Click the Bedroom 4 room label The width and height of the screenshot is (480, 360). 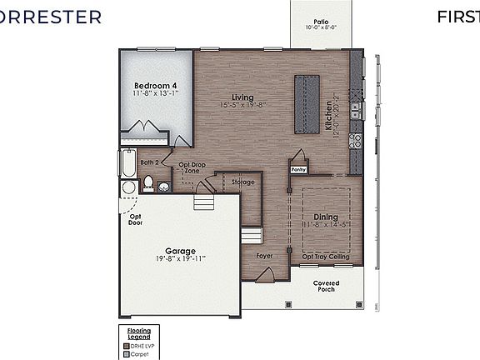click(x=156, y=86)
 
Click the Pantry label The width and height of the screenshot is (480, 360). click(x=298, y=169)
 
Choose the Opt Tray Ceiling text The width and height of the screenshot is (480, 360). click(x=326, y=257)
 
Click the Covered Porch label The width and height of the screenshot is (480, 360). click(x=326, y=287)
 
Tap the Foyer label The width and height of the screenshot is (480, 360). click(x=265, y=256)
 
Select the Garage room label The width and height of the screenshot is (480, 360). click(x=179, y=250)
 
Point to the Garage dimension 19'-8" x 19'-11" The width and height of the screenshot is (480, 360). click(x=179, y=259)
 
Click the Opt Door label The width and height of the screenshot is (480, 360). click(x=135, y=219)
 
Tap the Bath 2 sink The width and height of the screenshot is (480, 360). click(x=164, y=186)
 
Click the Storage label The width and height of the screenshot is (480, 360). click(x=243, y=181)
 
